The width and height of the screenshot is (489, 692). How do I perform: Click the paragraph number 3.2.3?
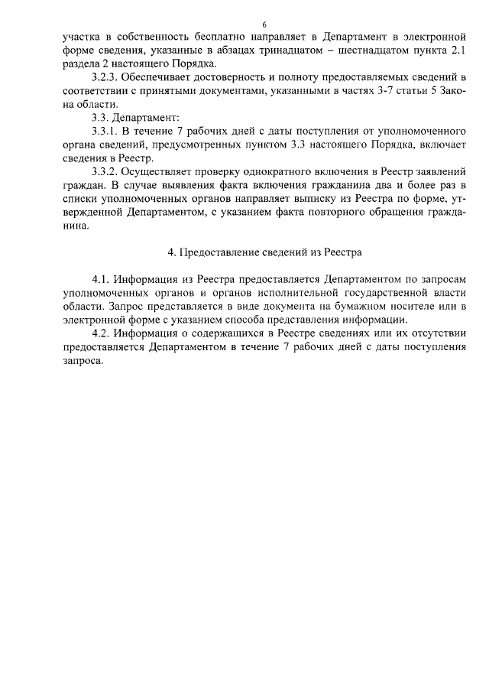pyautogui.click(x=105, y=78)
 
